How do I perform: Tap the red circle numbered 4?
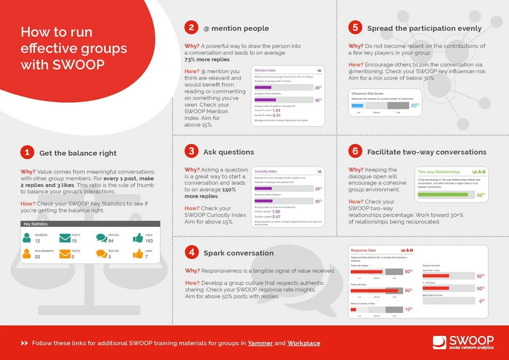(x=191, y=253)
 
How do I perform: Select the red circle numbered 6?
(x=355, y=151)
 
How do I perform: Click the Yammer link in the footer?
(x=260, y=343)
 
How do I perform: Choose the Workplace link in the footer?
(x=304, y=343)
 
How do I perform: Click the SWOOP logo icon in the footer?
(x=440, y=342)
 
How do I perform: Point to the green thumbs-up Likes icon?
(x=137, y=238)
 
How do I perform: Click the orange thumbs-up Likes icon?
(x=137, y=254)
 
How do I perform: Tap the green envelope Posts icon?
(x=65, y=238)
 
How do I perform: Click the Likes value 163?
(x=149, y=241)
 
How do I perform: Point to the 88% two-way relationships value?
(x=480, y=195)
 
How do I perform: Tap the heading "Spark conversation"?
(x=238, y=253)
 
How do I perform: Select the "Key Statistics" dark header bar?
(x=91, y=224)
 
